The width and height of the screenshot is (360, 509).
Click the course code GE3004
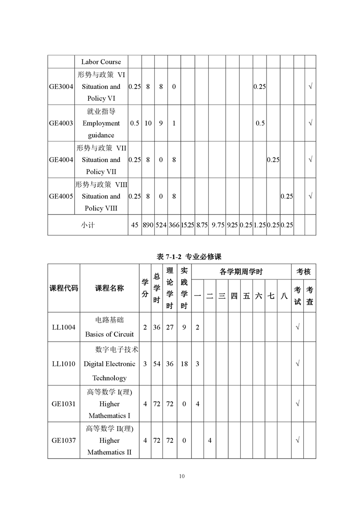pos(61,87)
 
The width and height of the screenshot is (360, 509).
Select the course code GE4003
pos(61,123)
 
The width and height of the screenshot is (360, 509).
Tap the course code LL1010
pos(64,364)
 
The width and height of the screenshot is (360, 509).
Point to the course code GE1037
pos(64,440)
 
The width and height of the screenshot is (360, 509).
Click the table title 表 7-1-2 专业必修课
pos(188,257)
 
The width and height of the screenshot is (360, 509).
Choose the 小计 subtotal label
pos(88,225)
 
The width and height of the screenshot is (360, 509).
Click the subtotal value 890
pos(148,225)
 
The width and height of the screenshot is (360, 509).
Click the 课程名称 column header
pos(109,288)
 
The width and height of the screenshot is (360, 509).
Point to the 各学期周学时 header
pos(241,272)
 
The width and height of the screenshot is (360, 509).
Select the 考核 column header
pos(303,272)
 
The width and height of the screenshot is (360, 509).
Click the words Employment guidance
pos(101,129)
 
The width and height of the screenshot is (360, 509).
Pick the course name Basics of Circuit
pos(109,334)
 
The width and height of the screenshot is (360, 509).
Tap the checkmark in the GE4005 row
pos(311,196)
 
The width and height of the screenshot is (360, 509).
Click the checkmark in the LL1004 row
pos(297,327)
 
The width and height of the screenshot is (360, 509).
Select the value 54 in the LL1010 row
pos(157,364)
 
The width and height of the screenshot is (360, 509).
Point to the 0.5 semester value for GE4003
pos(260,123)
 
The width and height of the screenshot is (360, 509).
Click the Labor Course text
pos(101,62)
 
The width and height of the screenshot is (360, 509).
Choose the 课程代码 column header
pos(64,288)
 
